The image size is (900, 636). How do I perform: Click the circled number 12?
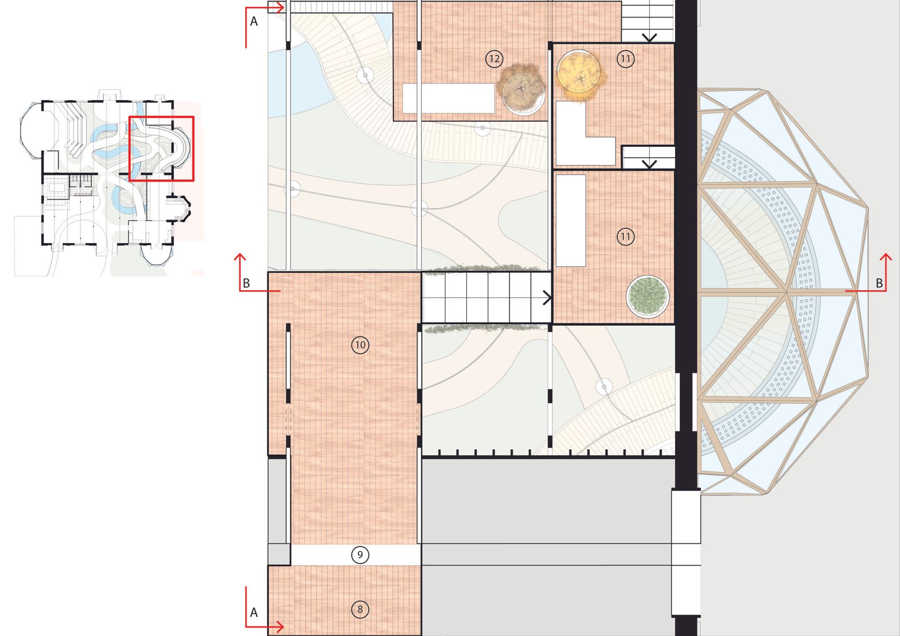[494, 59]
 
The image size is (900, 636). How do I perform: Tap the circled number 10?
[360, 345]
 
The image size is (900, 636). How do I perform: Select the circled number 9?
[360, 555]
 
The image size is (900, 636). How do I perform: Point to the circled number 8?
[360, 610]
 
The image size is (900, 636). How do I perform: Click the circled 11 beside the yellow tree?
[625, 59]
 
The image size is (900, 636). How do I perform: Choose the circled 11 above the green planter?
[625, 237]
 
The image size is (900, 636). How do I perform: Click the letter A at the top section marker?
[254, 21]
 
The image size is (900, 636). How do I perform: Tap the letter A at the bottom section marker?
[254, 613]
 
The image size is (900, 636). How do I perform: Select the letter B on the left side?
[247, 283]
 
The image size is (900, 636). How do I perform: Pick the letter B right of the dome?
[880, 283]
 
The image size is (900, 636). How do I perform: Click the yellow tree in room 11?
[580, 76]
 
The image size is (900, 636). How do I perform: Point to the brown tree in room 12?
[521, 88]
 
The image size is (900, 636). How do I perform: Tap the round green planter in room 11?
[647, 296]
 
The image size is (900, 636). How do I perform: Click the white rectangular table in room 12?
[448, 98]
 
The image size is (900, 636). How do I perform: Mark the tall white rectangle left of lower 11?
[570, 220]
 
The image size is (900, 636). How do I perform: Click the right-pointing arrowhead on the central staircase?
[547, 297]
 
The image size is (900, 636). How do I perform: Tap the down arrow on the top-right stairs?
[649, 37]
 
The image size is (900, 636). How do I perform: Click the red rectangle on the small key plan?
[161, 148]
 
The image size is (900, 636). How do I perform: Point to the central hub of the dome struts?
[786, 292]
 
